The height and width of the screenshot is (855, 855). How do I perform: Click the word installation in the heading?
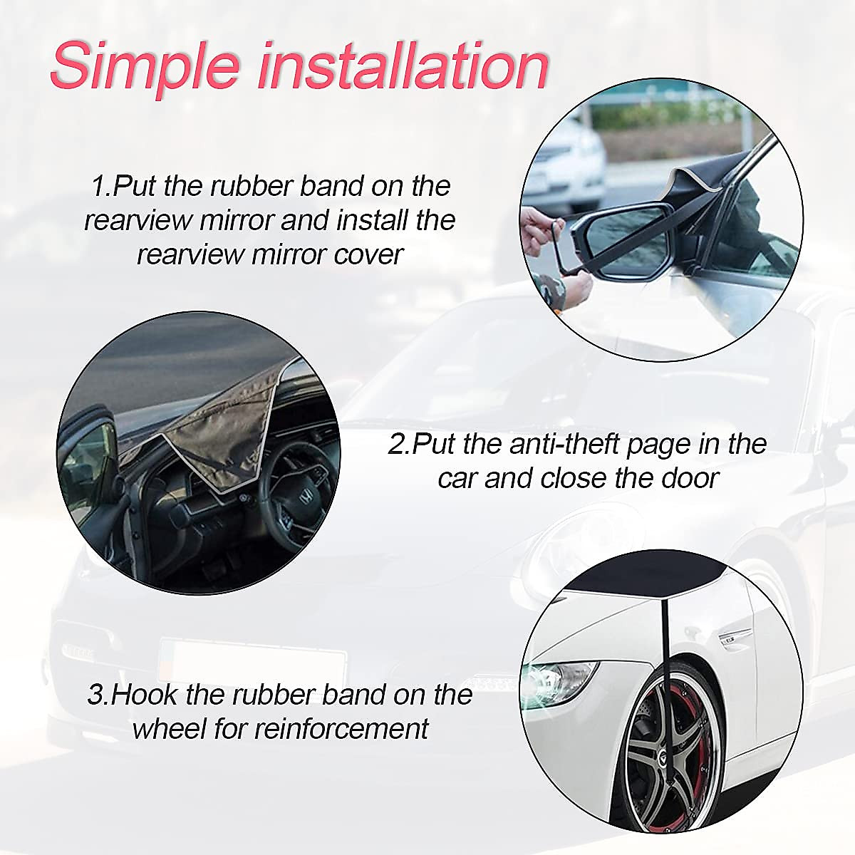[403, 66]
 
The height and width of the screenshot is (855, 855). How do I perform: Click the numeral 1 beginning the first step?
[97, 187]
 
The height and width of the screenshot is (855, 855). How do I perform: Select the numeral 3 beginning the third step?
[95, 694]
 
